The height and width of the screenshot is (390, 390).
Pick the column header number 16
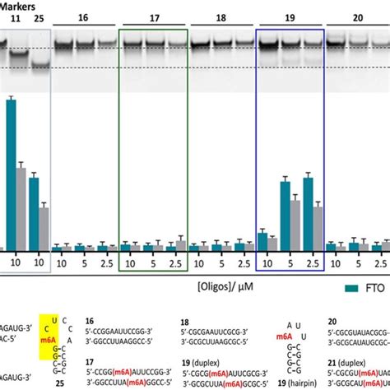tap(84, 16)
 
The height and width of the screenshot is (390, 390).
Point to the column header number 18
tap(221, 16)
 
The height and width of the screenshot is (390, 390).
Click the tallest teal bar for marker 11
tap(12, 173)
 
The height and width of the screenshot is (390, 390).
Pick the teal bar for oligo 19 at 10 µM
tap(262, 241)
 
